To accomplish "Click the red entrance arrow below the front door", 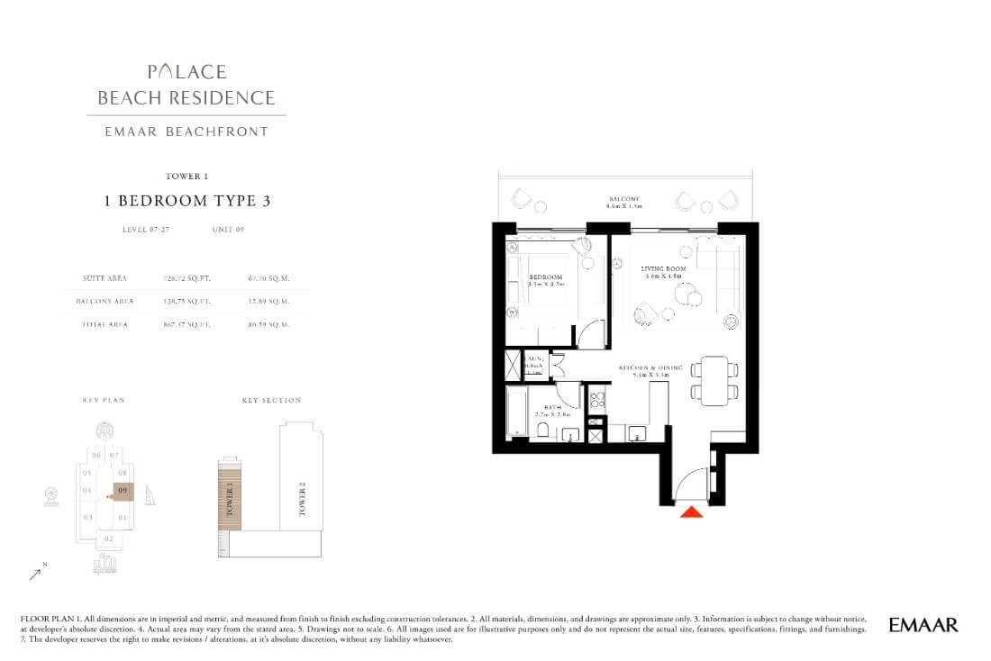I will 691,512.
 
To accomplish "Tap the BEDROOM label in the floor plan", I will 546,277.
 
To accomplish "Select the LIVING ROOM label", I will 663,268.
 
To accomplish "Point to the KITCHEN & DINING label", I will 650,368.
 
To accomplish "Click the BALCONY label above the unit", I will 623,199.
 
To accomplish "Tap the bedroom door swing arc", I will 590,335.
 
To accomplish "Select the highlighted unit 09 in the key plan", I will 122,491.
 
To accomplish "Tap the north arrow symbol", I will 35,571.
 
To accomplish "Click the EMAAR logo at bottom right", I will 923,624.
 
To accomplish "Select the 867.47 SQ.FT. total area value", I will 186,324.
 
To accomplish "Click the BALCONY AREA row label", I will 108,302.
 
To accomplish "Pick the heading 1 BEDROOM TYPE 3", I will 186,201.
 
